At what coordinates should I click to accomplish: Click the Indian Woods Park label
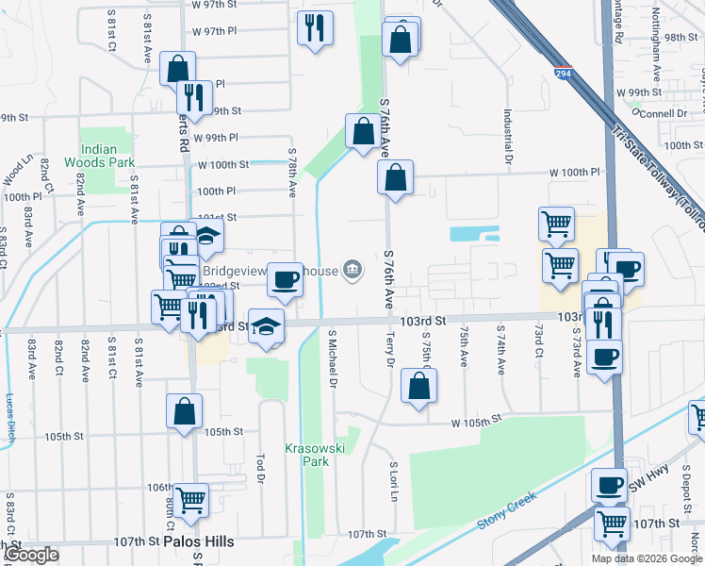click(107, 156)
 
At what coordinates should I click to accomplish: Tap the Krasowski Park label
click(307, 455)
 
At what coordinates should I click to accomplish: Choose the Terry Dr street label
click(390, 349)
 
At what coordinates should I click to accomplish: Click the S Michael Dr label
click(332, 358)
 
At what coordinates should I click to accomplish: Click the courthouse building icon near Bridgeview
click(352, 271)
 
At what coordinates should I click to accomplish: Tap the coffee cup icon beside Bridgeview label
click(285, 279)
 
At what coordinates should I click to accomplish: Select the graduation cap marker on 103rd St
click(266, 326)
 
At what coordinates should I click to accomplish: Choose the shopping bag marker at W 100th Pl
click(395, 176)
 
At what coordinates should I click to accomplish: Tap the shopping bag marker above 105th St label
click(184, 410)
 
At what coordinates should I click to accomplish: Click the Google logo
click(33, 555)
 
